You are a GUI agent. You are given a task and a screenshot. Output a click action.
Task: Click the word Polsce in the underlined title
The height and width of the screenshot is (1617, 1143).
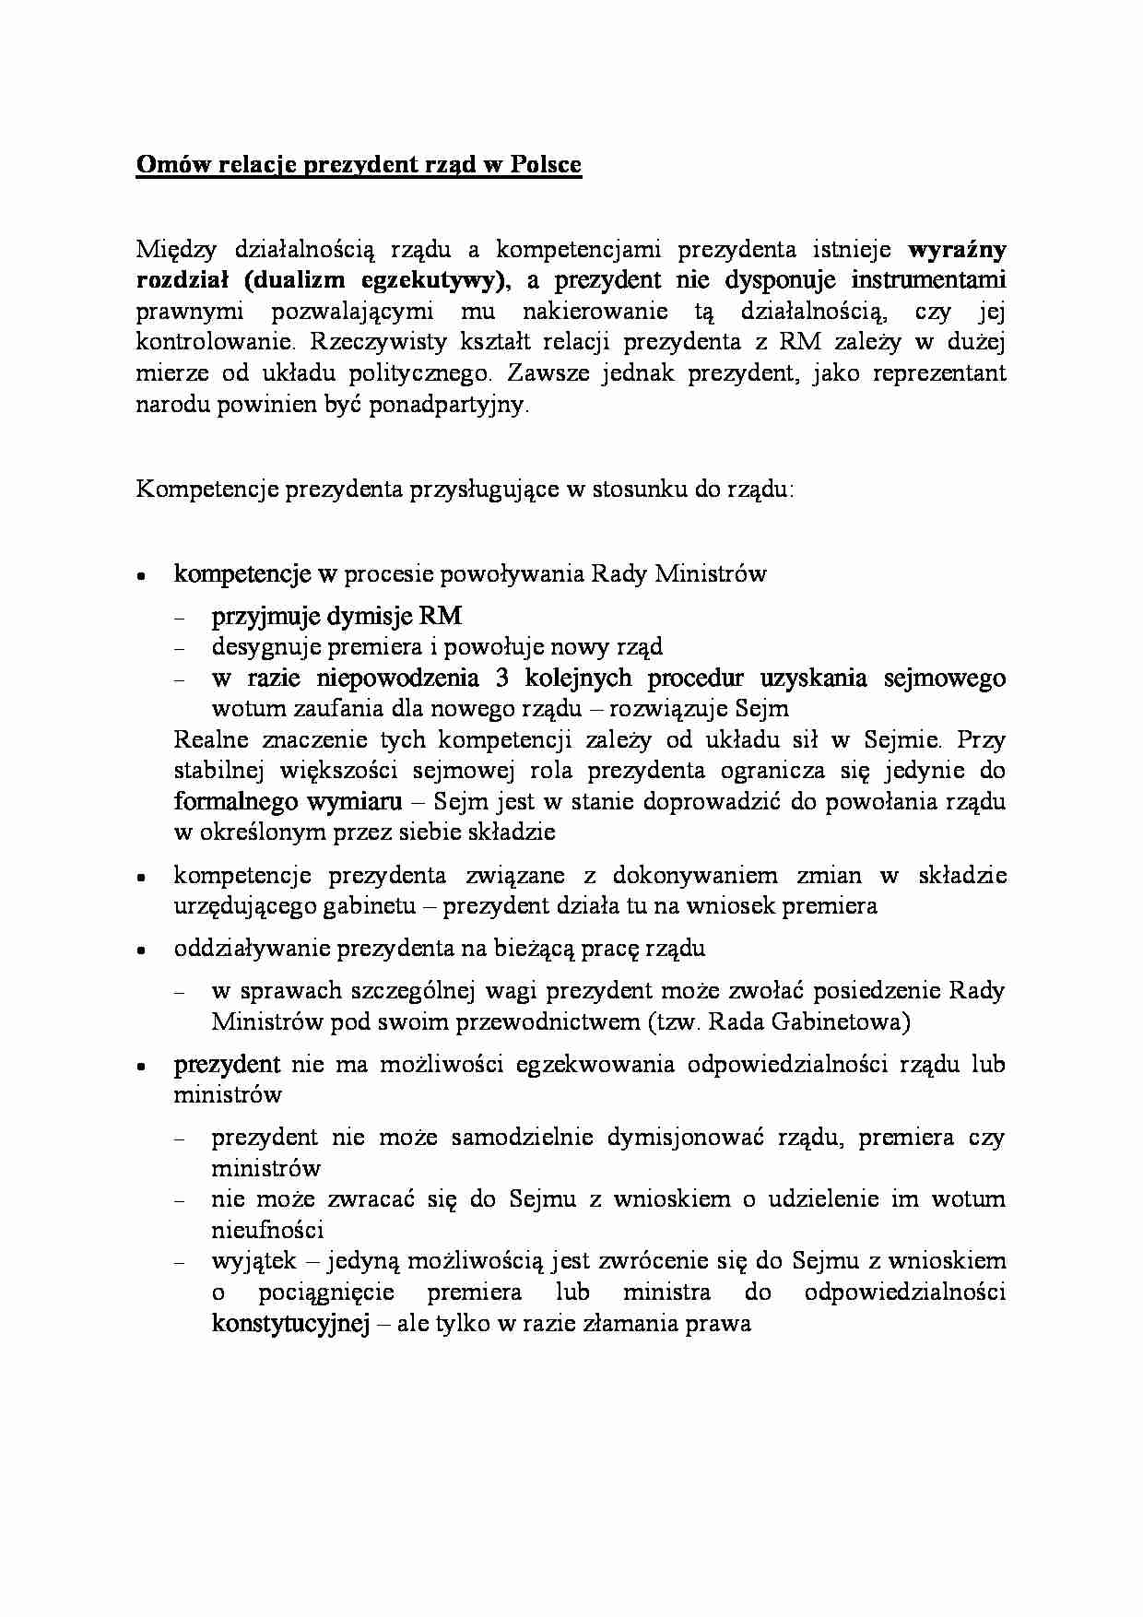click(x=546, y=165)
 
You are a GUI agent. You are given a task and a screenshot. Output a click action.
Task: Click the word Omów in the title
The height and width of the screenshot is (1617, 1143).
click(x=164, y=165)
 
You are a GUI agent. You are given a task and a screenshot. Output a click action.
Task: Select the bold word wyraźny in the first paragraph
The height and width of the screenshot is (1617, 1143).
click(x=957, y=249)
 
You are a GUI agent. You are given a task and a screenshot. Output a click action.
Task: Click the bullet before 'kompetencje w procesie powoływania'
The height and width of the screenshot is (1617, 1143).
click(x=141, y=575)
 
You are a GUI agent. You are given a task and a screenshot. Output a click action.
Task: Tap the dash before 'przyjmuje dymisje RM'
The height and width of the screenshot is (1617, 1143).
click(x=180, y=618)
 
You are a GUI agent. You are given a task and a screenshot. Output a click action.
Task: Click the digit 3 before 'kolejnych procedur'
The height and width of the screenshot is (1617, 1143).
click(x=502, y=679)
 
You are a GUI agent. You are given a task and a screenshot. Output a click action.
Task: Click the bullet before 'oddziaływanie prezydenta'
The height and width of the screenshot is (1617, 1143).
click(x=141, y=950)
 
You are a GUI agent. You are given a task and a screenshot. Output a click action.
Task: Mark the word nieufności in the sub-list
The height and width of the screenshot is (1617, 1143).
click(x=267, y=1230)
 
